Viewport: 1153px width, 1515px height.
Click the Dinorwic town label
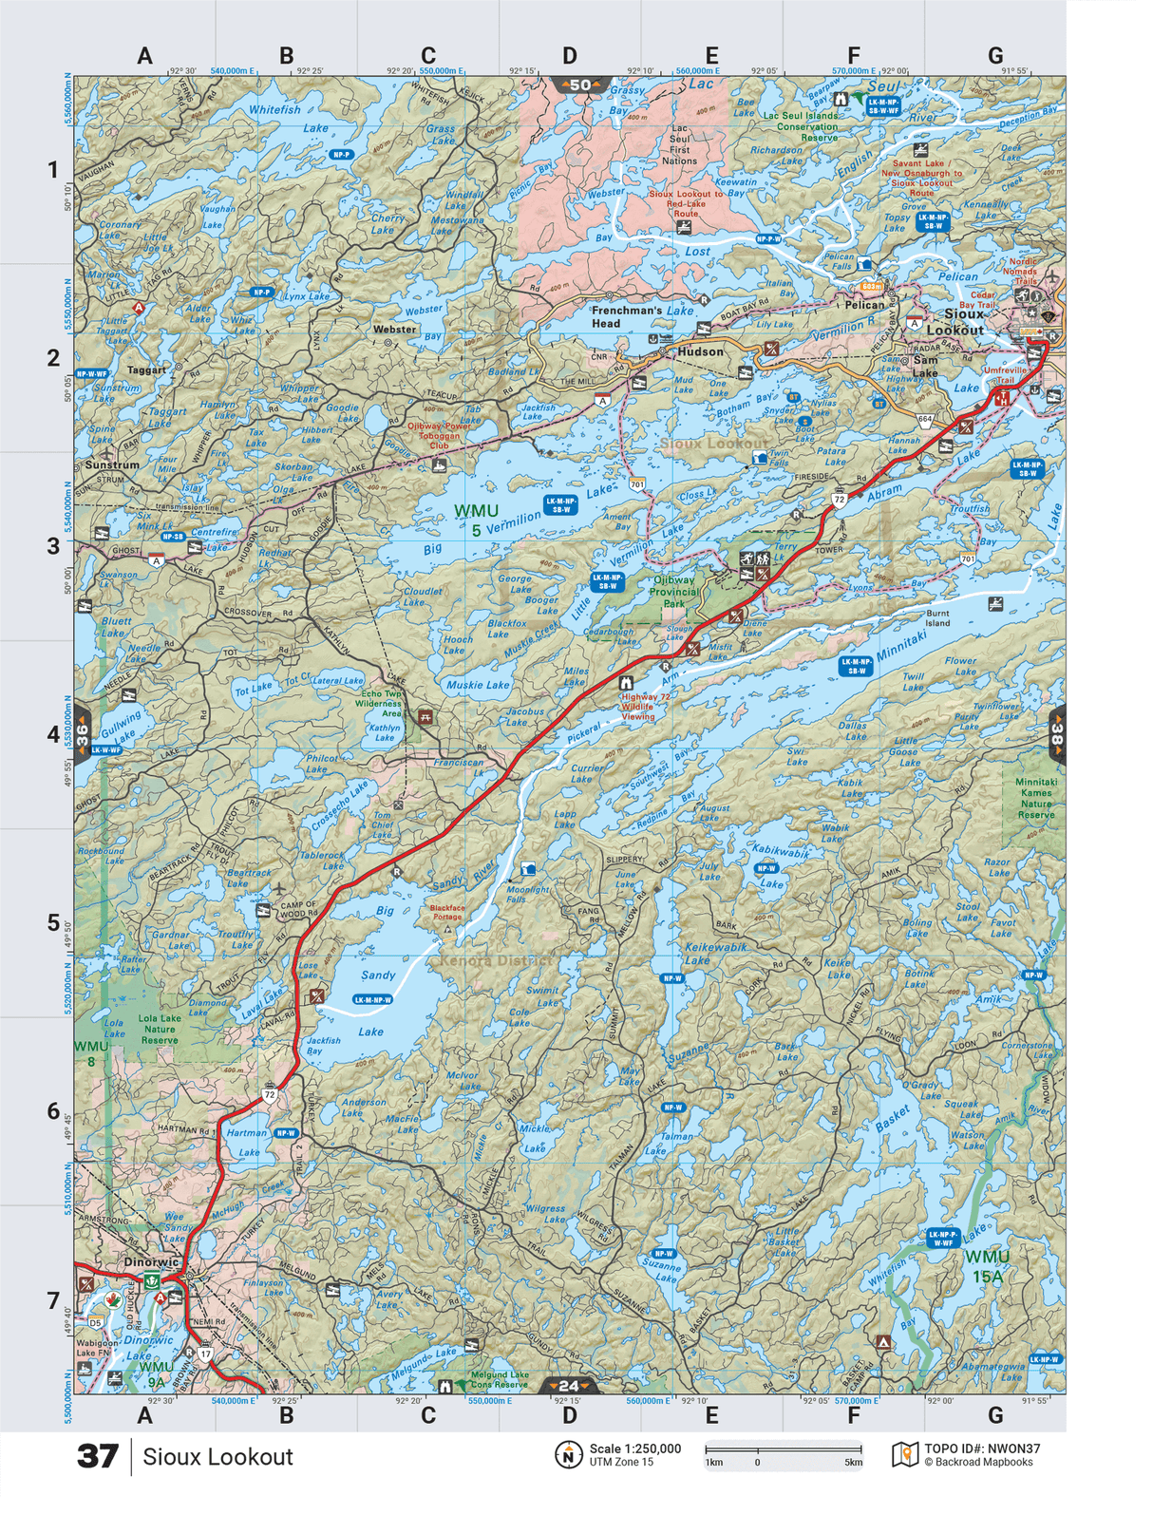(151, 1262)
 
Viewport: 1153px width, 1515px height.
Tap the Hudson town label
(700, 351)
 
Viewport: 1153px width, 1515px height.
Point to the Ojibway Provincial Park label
(673, 591)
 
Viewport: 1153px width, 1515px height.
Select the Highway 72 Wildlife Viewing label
(645, 707)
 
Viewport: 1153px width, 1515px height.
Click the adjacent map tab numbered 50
(576, 85)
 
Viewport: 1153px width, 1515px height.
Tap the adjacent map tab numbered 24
(568, 1386)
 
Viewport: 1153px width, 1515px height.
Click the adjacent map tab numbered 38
(1056, 733)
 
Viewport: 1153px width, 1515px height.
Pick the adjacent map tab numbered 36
(83, 733)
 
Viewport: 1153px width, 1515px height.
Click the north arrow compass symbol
(568, 1454)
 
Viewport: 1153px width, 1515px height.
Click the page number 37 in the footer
(98, 1456)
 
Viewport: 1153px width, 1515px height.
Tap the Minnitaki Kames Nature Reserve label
(1035, 798)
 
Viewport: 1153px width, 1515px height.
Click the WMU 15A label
(987, 1266)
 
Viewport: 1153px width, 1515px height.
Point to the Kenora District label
(494, 960)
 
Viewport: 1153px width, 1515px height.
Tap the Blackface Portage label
(447, 912)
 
